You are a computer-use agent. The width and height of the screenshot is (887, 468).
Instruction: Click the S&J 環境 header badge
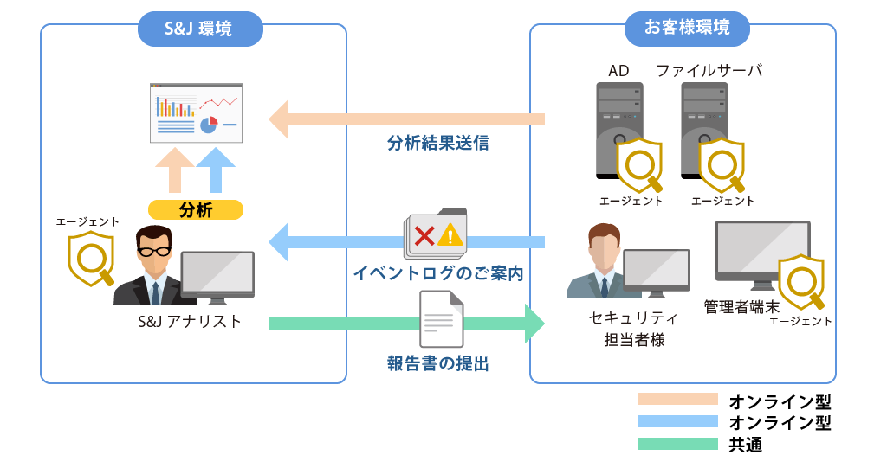(x=198, y=29)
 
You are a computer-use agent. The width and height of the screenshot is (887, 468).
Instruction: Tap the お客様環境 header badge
(x=686, y=28)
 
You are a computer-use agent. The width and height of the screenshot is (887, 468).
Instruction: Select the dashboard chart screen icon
(x=196, y=112)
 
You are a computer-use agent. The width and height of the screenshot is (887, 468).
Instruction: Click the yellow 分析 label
(x=196, y=209)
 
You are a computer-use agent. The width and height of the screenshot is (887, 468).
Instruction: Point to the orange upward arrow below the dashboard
(x=175, y=170)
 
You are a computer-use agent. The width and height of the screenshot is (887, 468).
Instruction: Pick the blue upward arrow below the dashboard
(x=216, y=170)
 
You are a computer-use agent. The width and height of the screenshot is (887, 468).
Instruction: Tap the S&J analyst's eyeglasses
(x=156, y=252)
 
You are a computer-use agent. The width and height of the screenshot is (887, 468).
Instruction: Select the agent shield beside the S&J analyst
(x=91, y=260)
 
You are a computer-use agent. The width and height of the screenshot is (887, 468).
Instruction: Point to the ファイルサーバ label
(x=709, y=70)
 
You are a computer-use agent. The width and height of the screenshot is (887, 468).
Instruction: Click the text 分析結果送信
(x=437, y=144)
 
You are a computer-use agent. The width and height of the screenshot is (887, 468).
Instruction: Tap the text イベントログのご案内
(x=437, y=273)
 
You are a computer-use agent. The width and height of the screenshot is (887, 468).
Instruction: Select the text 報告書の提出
(x=437, y=363)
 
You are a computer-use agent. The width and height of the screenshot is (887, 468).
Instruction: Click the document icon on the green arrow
(x=441, y=318)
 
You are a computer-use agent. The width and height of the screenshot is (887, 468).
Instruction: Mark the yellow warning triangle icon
(x=450, y=234)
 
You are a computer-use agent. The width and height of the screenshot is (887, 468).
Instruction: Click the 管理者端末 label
(x=741, y=306)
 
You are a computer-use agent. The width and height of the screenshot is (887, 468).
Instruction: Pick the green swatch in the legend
(x=677, y=444)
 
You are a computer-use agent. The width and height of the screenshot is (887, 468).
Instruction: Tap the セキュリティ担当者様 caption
(x=633, y=329)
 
